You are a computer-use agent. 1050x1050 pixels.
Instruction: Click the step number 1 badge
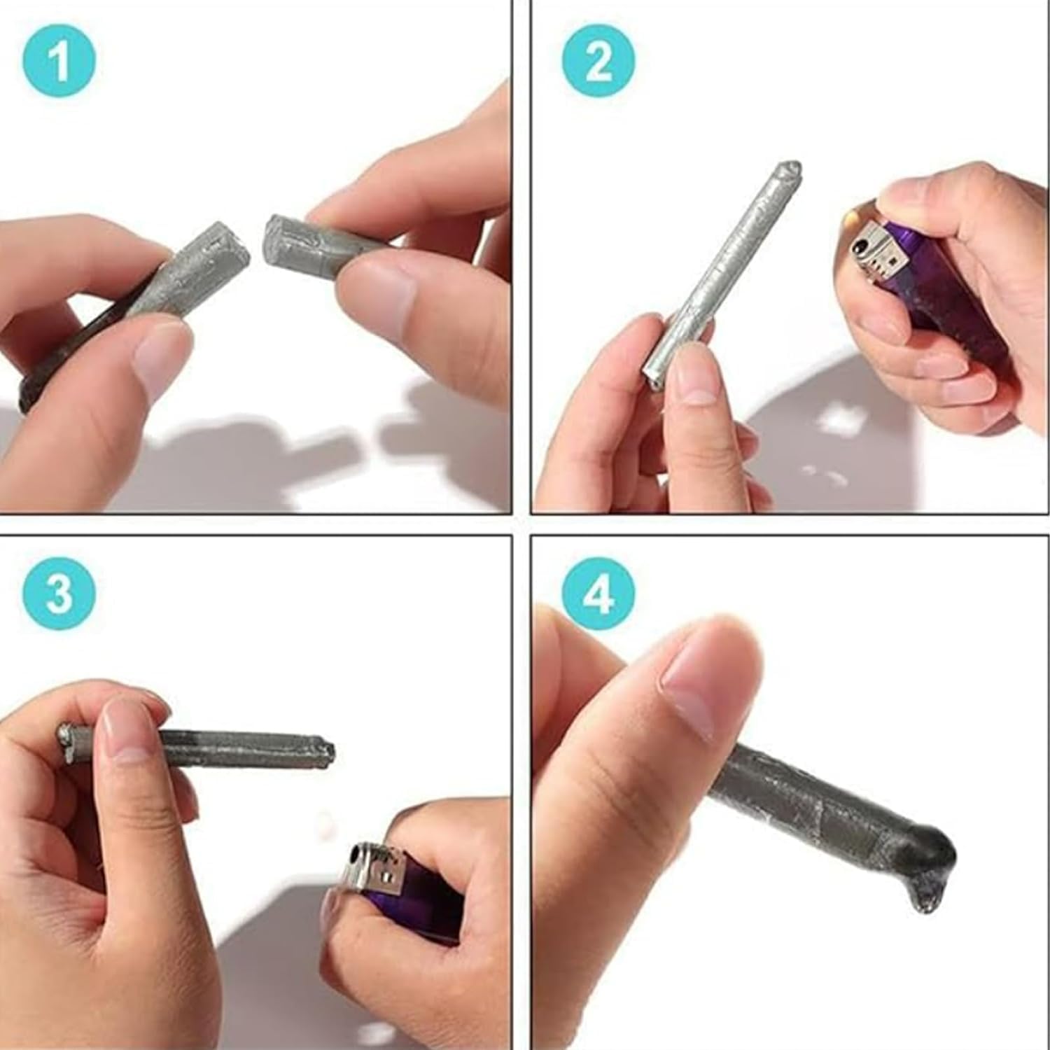[59, 62]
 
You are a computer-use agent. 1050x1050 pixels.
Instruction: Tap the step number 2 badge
[598, 62]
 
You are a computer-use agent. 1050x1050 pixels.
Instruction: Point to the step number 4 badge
[598, 595]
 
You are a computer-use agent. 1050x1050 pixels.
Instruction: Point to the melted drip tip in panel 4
[928, 900]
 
